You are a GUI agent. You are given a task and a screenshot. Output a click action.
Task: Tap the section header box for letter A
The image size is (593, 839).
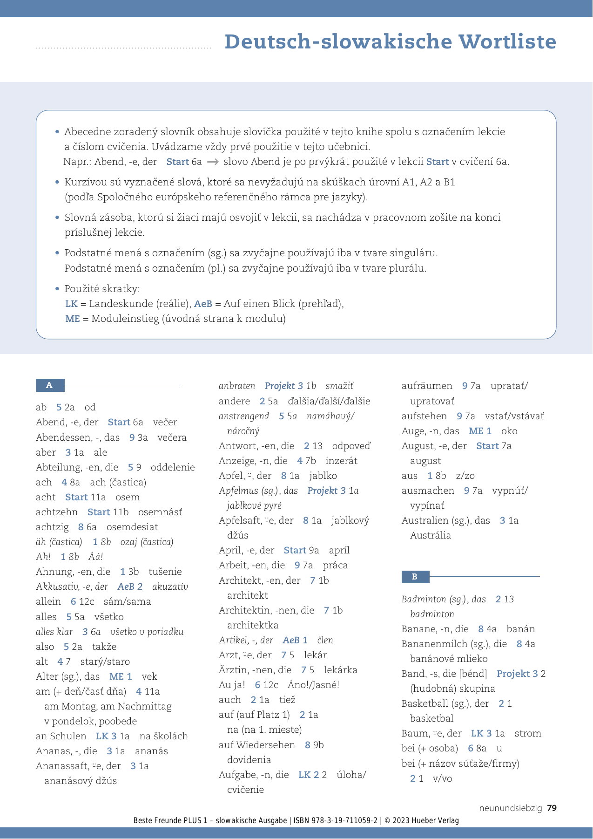pyautogui.click(x=50, y=385)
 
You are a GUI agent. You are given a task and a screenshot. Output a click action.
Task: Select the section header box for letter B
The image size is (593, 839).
pyautogui.click(x=415, y=577)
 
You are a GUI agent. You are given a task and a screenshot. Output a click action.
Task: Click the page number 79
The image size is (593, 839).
pyautogui.click(x=552, y=808)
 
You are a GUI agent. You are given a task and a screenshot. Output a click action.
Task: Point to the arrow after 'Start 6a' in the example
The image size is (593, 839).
pyautogui.click(x=213, y=162)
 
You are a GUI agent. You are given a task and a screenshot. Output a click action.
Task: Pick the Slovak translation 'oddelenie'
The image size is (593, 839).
pyautogui.click(x=173, y=467)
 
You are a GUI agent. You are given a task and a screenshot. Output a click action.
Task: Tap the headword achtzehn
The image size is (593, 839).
pyautogui.click(x=57, y=512)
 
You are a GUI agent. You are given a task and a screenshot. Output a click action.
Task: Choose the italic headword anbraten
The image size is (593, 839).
pyautogui.click(x=237, y=386)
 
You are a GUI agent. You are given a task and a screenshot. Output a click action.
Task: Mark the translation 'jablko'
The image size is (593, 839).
pyautogui.click(x=323, y=476)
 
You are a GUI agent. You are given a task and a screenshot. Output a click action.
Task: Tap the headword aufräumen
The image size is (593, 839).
pyautogui.click(x=427, y=386)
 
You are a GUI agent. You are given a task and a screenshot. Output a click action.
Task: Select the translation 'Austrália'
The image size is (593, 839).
pyautogui.click(x=430, y=535)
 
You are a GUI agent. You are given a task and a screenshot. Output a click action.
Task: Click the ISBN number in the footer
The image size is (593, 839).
pyautogui.click(x=335, y=821)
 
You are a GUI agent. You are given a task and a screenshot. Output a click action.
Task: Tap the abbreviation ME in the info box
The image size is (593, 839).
pyautogui.click(x=73, y=319)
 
